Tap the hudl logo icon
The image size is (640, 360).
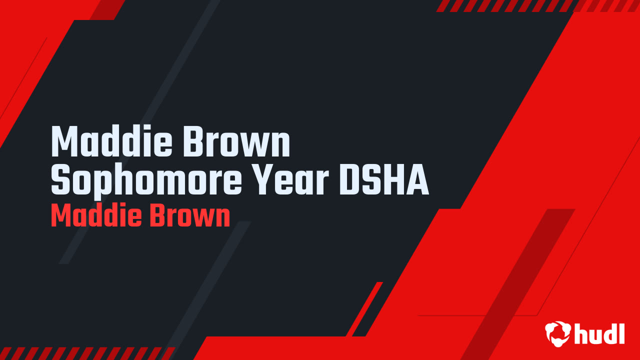click(557, 333)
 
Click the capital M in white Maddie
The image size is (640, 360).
click(64, 142)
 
